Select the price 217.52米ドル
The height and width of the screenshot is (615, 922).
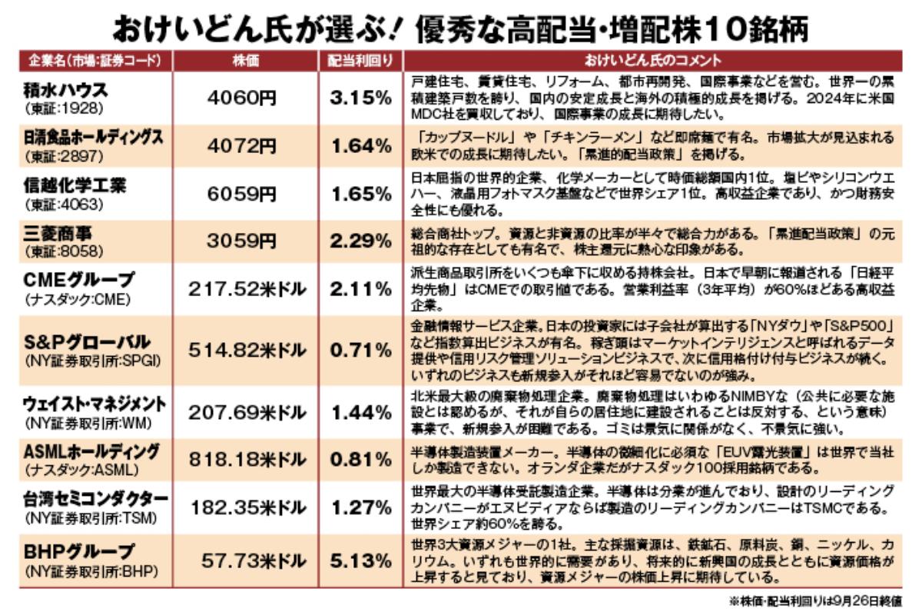tap(247, 289)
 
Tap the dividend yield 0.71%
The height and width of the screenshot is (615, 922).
tap(361, 351)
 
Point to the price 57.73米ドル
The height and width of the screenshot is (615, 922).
tap(254, 560)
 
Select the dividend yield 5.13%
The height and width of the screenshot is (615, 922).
tap(361, 560)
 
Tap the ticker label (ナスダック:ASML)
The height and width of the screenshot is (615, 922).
tap(81, 469)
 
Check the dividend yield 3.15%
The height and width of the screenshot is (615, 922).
tap(361, 98)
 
